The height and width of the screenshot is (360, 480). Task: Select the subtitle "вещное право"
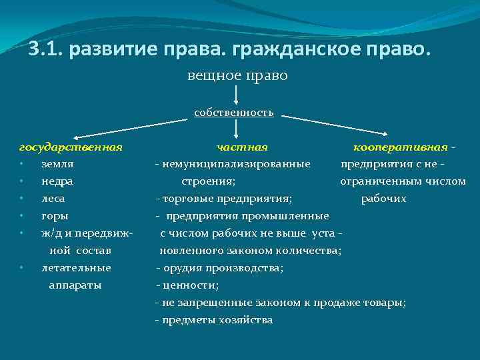[x=237, y=76]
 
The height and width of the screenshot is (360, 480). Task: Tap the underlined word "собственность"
[x=234, y=112]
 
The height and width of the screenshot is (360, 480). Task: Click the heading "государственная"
[x=71, y=147]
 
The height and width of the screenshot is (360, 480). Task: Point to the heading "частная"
[x=242, y=147]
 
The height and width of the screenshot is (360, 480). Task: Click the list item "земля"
[x=57, y=163]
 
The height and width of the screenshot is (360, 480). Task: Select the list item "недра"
[x=57, y=181]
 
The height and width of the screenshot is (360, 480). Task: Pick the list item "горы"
[x=55, y=216]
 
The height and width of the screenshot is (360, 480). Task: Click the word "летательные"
[x=76, y=268]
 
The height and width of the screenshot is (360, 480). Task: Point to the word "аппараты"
[x=75, y=285]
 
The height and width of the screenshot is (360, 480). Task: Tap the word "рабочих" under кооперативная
[x=383, y=199]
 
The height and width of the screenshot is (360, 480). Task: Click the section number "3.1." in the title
[x=46, y=49]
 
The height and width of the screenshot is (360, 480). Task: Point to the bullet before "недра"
[x=22, y=181]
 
